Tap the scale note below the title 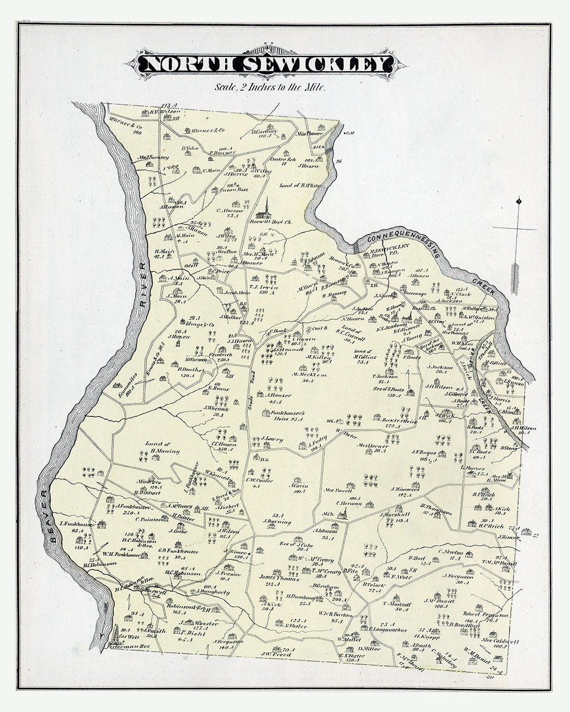[x=270, y=87]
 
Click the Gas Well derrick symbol [x=116, y=633]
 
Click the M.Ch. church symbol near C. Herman [x=341, y=514]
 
